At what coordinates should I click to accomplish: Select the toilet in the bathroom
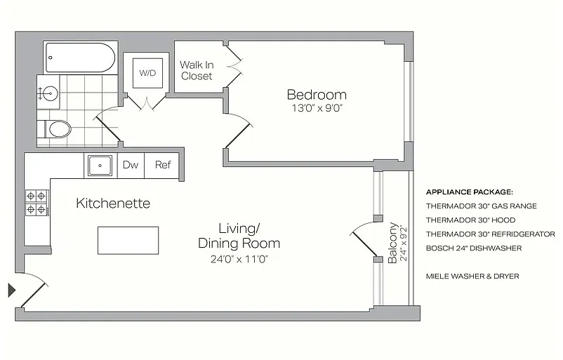(58, 129)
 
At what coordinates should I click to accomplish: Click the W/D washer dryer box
(147, 72)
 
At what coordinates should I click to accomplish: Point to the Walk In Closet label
(197, 70)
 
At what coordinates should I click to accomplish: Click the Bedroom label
(316, 95)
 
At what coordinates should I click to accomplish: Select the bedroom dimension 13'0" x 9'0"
(316, 109)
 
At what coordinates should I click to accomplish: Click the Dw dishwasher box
(131, 166)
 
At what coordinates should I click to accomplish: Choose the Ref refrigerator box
(163, 166)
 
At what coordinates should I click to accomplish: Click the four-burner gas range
(37, 202)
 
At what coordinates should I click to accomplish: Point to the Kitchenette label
(113, 204)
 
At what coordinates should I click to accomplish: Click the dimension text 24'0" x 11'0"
(239, 259)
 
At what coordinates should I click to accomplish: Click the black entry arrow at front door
(12, 289)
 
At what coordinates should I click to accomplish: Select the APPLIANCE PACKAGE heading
(470, 192)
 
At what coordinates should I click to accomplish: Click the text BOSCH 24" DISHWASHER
(472, 248)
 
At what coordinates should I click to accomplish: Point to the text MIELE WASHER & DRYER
(472, 276)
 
